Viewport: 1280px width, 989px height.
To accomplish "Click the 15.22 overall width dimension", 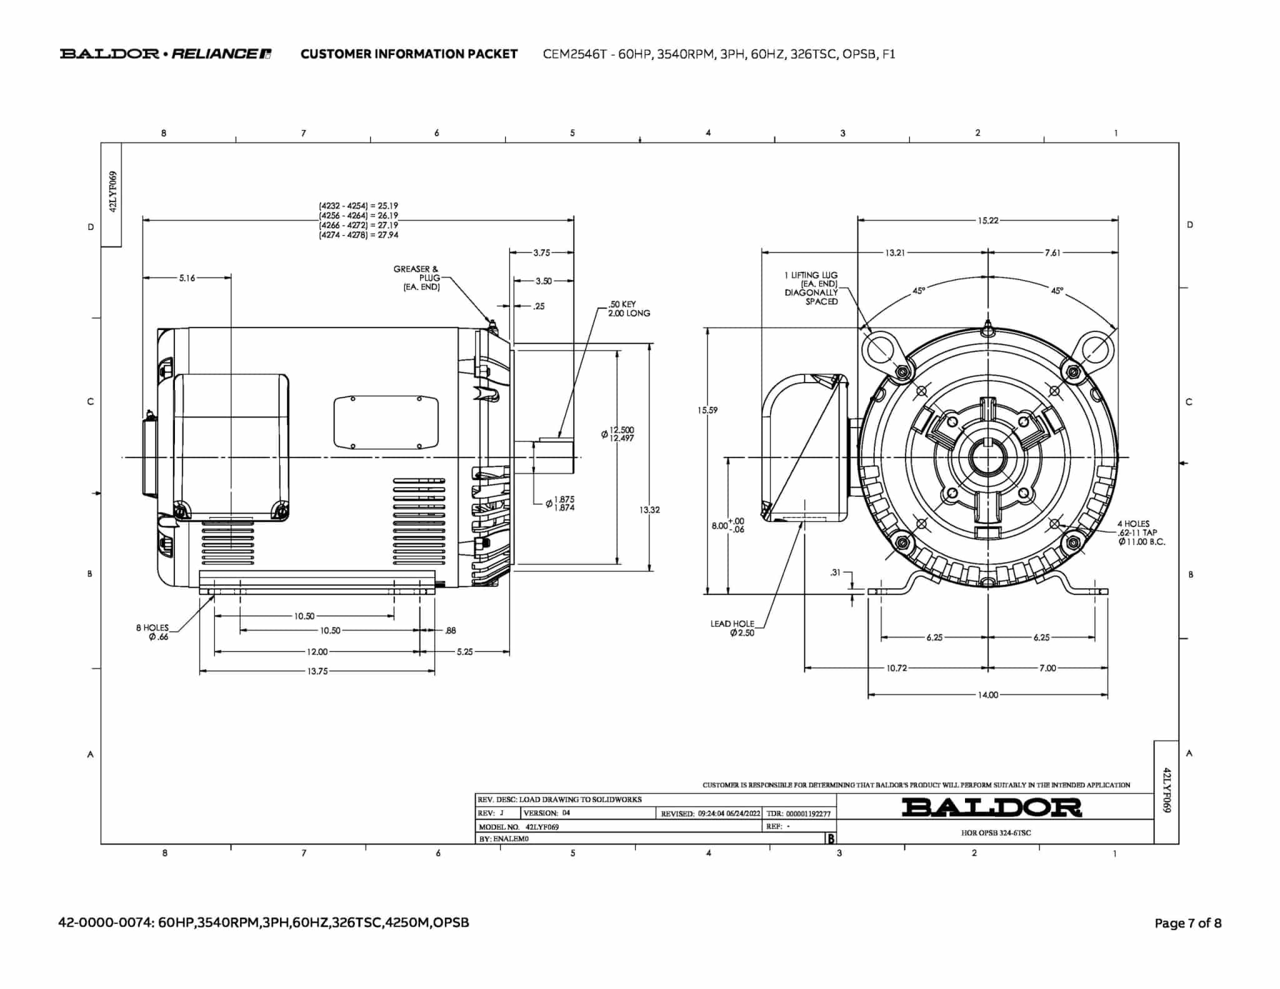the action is (x=988, y=220).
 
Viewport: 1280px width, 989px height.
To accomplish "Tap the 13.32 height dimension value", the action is (x=649, y=510).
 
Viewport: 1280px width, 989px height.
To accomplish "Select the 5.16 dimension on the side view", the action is (x=187, y=278).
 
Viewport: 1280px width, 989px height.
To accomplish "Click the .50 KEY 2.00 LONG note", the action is (x=629, y=309).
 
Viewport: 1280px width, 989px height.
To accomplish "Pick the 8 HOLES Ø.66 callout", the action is (x=152, y=632).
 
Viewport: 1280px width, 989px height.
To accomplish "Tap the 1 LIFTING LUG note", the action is (x=811, y=288).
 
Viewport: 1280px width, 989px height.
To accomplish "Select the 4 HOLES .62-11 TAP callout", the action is (x=1141, y=533).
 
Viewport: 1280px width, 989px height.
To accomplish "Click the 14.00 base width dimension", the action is (x=988, y=695).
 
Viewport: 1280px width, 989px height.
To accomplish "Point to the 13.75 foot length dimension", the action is (x=317, y=671).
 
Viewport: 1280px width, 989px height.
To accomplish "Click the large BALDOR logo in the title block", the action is (x=991, y=807).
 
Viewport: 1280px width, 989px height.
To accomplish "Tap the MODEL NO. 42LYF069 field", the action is (x=519, y=826).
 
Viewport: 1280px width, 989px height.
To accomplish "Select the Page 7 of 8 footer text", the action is (x=1187, y=923).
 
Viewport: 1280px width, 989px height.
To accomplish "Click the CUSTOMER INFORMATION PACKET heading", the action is (x=409, y=54).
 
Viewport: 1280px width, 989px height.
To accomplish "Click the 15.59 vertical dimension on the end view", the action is (x=707, y=410).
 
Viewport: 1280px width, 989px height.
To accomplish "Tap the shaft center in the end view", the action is (x=988, y=458).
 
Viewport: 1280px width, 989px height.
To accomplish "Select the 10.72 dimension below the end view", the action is (x=896, y=668).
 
